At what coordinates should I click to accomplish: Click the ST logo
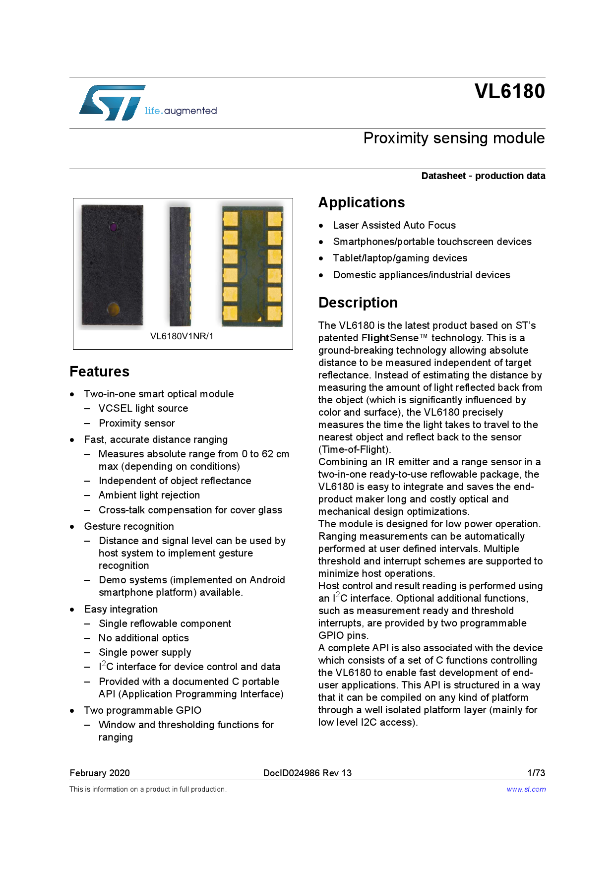112,103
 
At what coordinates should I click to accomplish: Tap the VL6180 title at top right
509,91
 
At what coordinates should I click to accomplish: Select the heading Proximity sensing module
454,138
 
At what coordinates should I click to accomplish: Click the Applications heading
362,202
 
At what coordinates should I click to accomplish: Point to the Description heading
358,303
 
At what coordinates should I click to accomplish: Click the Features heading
99,372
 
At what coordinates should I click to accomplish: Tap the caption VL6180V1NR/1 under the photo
182,336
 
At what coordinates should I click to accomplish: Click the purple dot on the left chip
114,227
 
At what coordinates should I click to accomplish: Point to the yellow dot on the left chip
113,309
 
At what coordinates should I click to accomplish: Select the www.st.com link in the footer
526,789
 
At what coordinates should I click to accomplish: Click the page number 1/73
536,773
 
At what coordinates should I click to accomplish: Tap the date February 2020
100,773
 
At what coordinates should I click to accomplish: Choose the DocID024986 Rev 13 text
307,773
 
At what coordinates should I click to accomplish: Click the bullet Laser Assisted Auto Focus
394,225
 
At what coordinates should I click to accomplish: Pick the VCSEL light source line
143,408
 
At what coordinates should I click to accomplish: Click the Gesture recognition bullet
129,526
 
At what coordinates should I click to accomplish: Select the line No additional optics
144,638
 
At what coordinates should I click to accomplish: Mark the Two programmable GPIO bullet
142,710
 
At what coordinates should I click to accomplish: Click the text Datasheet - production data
483,176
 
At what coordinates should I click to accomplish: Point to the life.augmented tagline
181,111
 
